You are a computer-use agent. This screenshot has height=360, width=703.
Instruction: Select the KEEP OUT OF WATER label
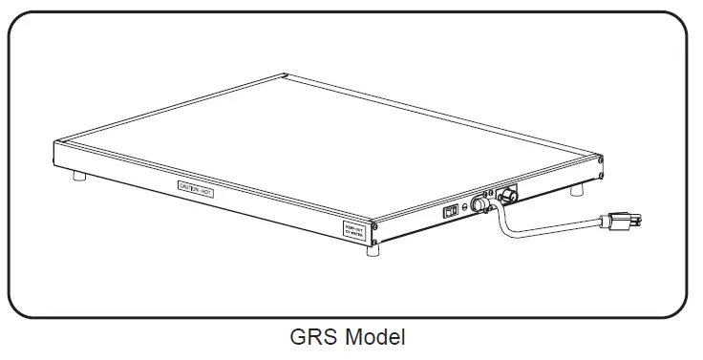coord(354,229)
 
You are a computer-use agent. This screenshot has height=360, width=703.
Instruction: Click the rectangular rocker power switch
coord(448,212)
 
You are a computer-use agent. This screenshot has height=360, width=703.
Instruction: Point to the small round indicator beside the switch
coord(465,206)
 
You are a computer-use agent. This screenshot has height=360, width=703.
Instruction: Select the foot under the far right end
coord(577,191)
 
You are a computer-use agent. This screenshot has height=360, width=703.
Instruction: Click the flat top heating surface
coord(334,143)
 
